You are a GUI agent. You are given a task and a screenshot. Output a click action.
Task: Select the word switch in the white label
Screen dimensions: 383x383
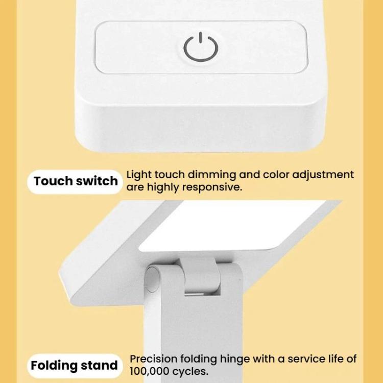coord(97,181)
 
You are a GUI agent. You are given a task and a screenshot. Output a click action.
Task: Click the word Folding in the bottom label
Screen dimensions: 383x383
coord(54,366)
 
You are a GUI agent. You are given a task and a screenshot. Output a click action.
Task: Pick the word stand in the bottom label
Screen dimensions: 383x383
coord(99,366)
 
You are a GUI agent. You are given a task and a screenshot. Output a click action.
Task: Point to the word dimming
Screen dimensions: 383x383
coord(212,175)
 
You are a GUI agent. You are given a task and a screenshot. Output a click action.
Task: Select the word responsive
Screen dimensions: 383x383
coord(212,187)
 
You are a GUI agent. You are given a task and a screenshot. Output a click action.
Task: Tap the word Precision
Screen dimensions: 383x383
coord(153,359)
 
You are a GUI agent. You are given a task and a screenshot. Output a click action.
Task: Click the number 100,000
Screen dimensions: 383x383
coord(150,372)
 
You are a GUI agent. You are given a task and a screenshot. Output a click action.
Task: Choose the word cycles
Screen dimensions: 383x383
coord(190,372)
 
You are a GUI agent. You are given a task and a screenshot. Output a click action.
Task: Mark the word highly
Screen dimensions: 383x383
coord(163,187)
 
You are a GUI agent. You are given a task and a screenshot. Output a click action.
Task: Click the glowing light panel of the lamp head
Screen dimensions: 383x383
coord(232,225)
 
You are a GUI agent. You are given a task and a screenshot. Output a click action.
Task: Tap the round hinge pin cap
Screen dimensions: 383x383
coord(152,279)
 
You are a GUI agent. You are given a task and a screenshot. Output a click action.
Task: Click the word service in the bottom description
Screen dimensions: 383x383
coord(305,359)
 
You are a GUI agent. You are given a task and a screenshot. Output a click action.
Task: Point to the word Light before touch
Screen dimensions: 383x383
coord(139,175)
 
